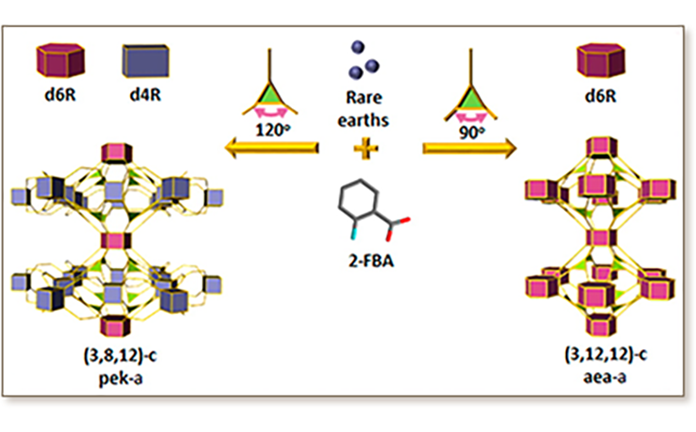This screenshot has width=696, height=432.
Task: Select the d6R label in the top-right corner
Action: (601, 95)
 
